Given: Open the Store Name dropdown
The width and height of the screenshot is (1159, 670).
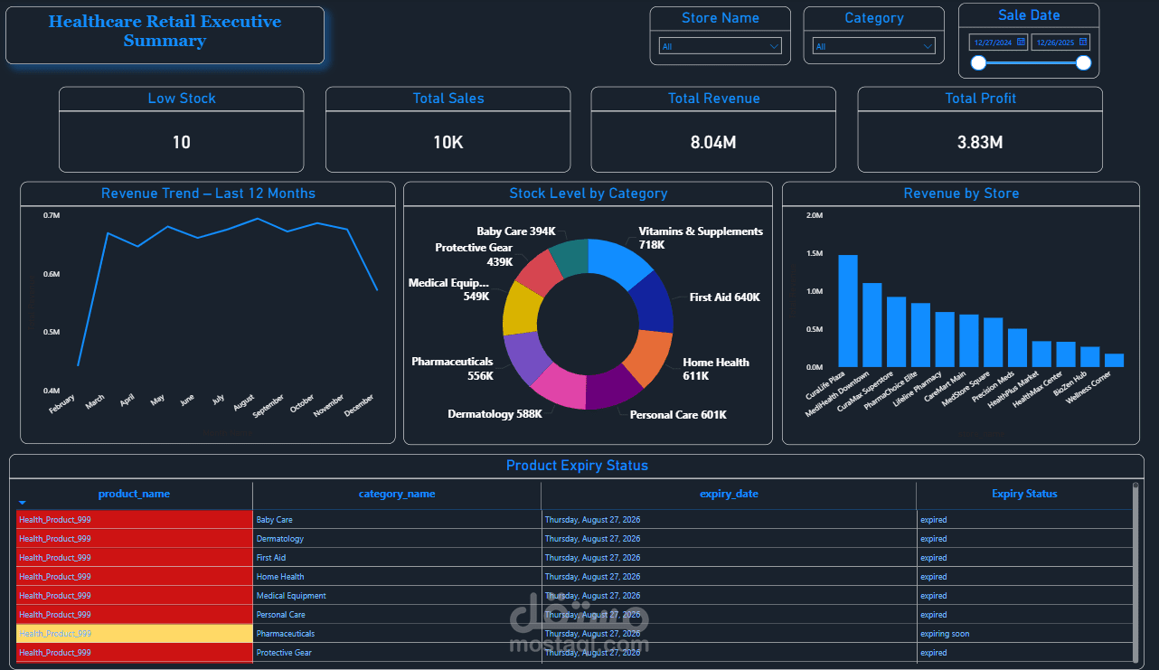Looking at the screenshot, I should pyautogui.click(x=720, y=46).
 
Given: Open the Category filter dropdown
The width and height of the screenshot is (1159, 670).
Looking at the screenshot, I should pyautogui.click(x=873, y=46).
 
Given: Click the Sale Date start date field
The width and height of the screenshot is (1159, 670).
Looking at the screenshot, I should pyautogui.click(x=998, y=42).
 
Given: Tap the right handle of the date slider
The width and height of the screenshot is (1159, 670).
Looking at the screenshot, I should pyautogui.click(x=1083, y=62).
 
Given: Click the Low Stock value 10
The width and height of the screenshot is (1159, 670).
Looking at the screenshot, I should pyautogui.click(x=182, y=142).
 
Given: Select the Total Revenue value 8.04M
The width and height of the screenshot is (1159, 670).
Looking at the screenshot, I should pyautogui.click(x=713, y=142).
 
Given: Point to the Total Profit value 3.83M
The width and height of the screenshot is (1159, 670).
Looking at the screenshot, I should pyautogui.click(x=980, y=142).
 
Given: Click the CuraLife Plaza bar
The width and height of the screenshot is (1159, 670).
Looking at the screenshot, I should pyautogui.click(x=847, y=310).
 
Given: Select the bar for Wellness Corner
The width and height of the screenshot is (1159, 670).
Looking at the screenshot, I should pyautogui.click(x=1114, y=360).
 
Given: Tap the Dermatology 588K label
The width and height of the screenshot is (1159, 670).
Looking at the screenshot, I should pyautogui.click(x=495, y=414).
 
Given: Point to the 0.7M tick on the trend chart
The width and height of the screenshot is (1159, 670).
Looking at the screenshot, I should pyautogui.click(x=52, y=215).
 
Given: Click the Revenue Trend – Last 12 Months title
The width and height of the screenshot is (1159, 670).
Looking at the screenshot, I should pyautogui.click(x=208, y=193).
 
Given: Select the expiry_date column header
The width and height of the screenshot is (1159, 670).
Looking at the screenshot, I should pyautogui.click(x=729, y=494).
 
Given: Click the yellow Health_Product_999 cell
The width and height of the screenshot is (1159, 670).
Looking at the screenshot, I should pyautogui.click(x=134, y=634).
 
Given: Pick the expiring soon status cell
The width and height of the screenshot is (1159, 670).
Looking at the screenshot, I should pyautogui.click(x=945, y=634).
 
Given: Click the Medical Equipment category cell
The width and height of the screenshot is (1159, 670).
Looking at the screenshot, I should pyautogui.click(x=291, y=596).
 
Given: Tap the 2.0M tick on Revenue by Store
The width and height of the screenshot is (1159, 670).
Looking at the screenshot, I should pyautogui.click(x=814, y=215).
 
